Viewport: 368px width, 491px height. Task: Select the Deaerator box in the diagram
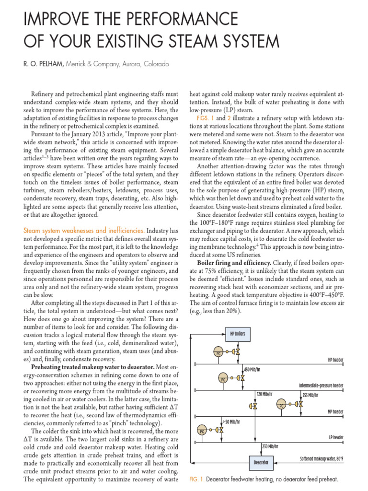pos(261,463)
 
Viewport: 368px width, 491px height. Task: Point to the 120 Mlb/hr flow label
pos(264,394)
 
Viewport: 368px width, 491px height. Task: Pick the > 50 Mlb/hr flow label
pos(231,421)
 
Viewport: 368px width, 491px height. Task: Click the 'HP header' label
pos(335,359)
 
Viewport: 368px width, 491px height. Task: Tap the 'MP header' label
pos(335,411)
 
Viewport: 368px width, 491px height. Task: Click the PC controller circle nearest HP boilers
pos(218,352)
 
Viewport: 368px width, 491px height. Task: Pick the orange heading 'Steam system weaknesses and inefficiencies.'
pos(84,231)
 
